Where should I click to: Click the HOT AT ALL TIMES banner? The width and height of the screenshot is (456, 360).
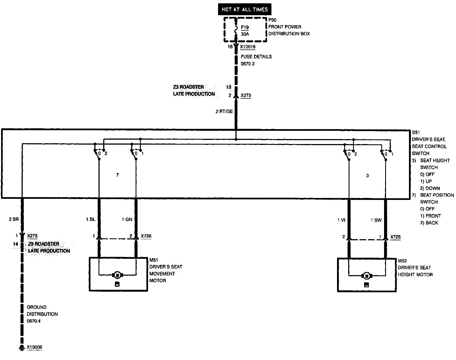tap(245, 9)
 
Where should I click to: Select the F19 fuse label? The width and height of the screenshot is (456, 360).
tap(245, 27)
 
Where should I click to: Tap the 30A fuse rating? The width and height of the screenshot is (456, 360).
tap(245, 34)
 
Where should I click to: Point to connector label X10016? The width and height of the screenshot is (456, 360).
tap(248, 47)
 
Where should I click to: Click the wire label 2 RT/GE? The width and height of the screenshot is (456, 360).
tap(224, 111)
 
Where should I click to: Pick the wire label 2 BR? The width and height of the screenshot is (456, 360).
tap(14, 220)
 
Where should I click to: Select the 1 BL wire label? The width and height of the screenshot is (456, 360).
tap(90, 220)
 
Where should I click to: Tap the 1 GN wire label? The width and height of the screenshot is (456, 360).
tap(127, 220)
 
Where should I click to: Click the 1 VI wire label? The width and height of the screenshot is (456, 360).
tap(341, 220)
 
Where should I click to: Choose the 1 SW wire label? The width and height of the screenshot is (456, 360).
tap(376, 220)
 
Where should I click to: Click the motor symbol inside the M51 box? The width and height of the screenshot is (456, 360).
tap(117, 275)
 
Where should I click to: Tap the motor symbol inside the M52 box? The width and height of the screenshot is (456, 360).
tap(367, 275)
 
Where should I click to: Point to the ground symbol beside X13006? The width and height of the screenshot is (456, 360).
tap(21, 348)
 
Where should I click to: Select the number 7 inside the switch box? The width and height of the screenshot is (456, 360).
tap(118, 175)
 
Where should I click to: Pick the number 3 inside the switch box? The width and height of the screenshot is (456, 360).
tap(367, 176)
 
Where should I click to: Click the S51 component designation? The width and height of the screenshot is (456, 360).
tap(416, 132)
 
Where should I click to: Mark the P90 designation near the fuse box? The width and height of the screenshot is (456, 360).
tap(272, 20)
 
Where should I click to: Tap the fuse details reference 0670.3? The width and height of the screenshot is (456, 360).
tap(247, 64)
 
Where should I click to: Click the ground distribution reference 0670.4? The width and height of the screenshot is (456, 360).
tap(34, 321)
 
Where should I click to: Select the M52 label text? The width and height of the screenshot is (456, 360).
tap(402, 261)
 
